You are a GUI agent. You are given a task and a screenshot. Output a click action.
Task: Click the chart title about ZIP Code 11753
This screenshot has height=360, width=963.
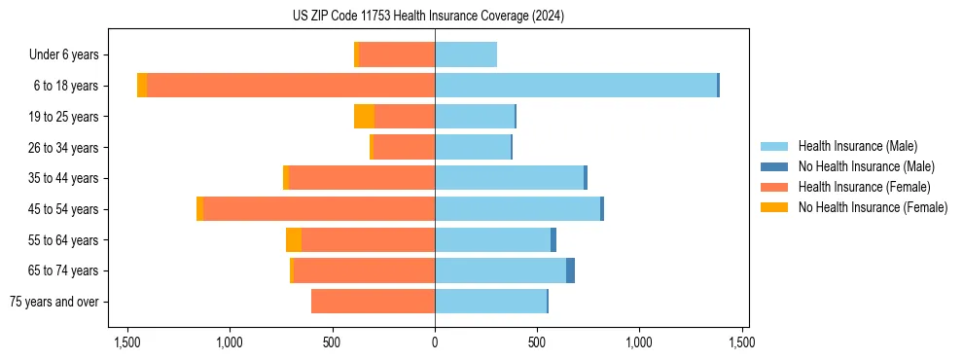pos(428,17)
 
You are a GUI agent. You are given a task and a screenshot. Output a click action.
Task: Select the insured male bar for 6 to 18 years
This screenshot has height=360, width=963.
pos(576,86)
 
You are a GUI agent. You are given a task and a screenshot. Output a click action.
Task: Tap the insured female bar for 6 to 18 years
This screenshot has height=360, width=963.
pos(291,86)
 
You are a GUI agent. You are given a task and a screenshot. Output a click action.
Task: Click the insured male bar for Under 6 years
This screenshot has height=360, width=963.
pos(466,54)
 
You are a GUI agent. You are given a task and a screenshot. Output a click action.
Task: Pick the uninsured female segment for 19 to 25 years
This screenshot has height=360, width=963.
pos(364,117)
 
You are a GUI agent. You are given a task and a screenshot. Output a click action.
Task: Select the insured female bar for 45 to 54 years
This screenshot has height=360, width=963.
pos(318,209)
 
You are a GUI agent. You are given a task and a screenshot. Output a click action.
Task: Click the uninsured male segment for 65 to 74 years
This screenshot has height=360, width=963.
pos(570,270)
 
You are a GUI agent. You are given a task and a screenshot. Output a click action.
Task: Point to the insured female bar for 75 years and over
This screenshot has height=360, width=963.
pos(373,302)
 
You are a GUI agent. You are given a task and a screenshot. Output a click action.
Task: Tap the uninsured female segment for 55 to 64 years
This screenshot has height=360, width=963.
pos(294,240)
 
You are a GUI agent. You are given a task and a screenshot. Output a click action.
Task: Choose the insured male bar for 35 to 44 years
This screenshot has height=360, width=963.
pos(509,178)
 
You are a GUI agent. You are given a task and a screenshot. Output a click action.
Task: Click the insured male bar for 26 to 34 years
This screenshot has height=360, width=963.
pos(473,147)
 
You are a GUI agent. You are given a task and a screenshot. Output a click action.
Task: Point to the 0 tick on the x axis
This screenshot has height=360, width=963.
pos(435,342)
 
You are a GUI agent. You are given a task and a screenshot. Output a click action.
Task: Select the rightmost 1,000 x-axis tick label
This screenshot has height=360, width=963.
pos(639,342)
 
